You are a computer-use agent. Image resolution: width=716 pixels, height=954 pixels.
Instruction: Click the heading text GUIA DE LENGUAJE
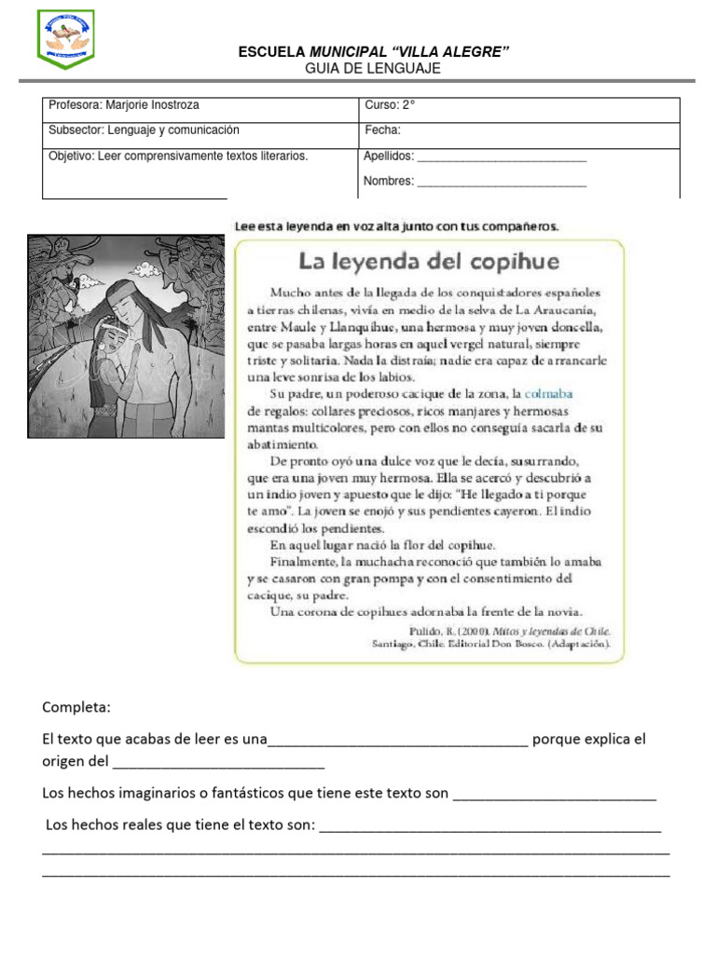[373, 69]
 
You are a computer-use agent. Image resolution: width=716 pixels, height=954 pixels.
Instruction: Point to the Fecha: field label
[382, 130]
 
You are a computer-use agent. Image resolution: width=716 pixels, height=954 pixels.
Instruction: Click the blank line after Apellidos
[502, 158]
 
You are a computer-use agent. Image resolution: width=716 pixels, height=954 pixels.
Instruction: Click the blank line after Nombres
[502, 183]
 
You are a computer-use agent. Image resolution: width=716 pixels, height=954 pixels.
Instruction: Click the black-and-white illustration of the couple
[126, 335]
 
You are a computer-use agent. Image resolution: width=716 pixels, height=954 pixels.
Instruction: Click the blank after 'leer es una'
[398, 742]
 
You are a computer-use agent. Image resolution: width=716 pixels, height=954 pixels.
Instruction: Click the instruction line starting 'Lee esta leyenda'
[395, 225]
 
